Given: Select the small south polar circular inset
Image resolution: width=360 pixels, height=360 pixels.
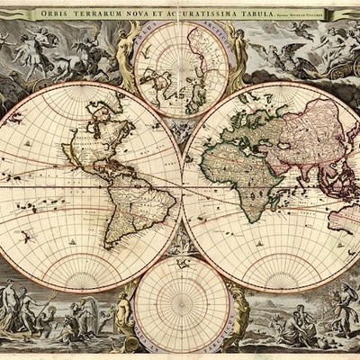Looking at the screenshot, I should pos(181,301).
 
